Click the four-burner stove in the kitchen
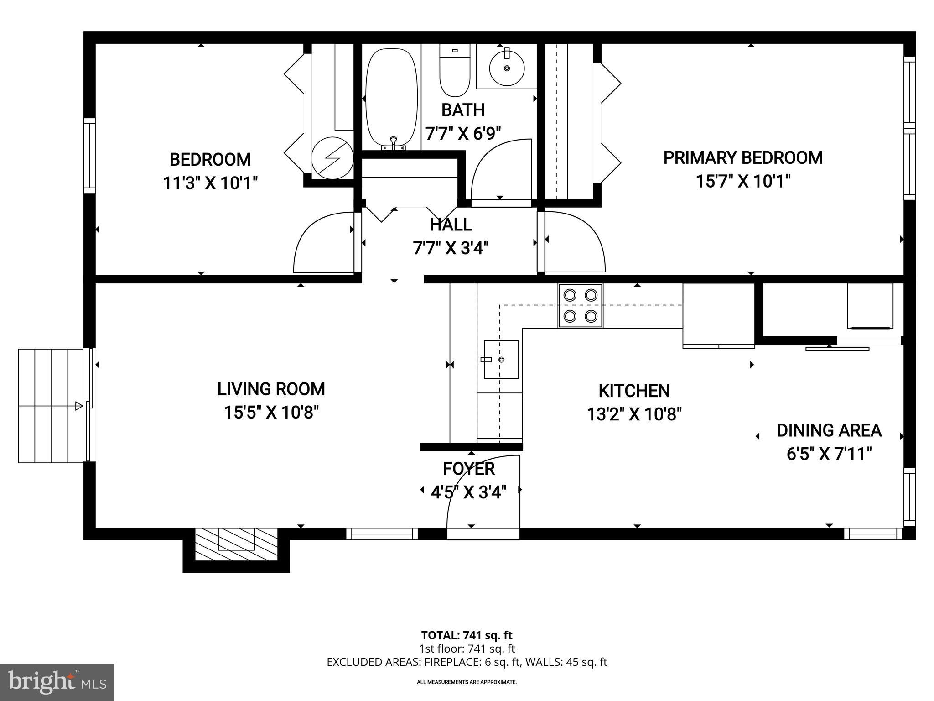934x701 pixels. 580,305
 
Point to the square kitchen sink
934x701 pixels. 501,360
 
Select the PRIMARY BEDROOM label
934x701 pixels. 742,158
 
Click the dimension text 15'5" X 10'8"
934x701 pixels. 271,413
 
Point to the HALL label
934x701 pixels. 451,225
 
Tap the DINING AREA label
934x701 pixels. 829,430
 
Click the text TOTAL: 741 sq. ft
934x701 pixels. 467,635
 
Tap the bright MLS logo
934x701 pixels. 57,682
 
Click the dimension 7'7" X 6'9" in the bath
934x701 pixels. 463,134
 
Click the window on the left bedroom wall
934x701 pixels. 89,155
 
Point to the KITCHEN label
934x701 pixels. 634,391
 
